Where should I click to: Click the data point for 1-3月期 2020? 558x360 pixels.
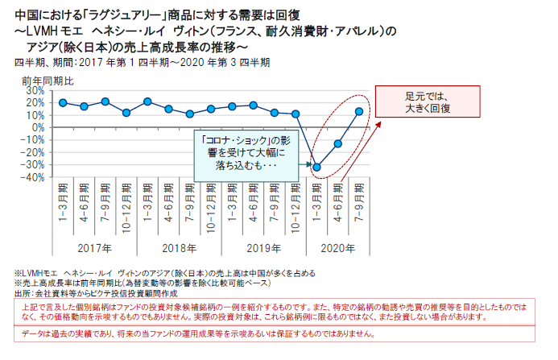point(316,168)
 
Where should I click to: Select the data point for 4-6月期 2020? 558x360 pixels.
point(338,144)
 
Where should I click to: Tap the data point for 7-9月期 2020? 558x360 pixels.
point(359,111)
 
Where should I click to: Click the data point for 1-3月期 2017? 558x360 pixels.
point(63,102)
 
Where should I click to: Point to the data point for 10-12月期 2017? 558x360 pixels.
point(126,113)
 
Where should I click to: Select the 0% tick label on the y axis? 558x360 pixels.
point(35,127)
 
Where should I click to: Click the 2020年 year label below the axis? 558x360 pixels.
point(338,248)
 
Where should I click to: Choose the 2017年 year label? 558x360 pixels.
point(94,248)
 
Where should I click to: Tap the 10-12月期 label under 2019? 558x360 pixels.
point(296,206)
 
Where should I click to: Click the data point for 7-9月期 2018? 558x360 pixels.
point(190,114)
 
